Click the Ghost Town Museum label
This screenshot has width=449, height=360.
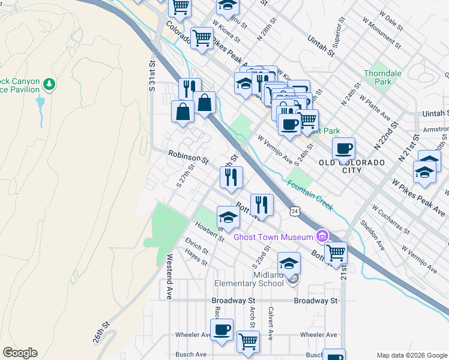pyautogui.click(x=274, y=236)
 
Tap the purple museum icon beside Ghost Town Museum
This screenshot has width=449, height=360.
pyautogui.click(x=323, y=235)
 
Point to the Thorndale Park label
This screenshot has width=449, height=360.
pyautogui.click(x=382, y=77)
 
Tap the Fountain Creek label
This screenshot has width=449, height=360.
pyautogui.click(x=310, y=195)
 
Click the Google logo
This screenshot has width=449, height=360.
pyautogui.click(x=20, y=353)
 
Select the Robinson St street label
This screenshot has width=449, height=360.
pyautogui.click(x=188, y=158)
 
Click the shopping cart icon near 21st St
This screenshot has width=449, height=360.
pyautogui.click(x=336, y=253)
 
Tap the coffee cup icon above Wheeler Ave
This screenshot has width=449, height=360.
pyautogui.click(x=221, y=329)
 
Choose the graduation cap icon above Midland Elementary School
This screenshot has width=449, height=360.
pyautogui.click(x=289, y=262)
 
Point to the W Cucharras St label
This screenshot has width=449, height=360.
pyautogui.click(x=390, y=219)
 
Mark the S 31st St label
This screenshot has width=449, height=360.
pyautogui.click(x=153, y=74)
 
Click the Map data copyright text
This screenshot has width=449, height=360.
pyautogui.click(x=411, y=355)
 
